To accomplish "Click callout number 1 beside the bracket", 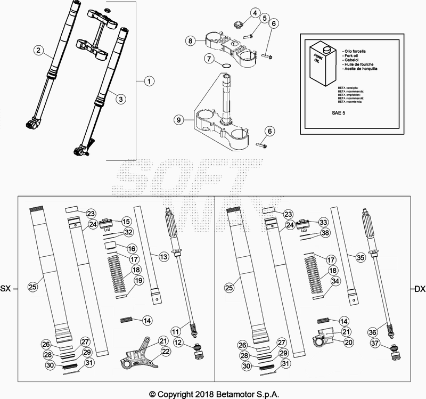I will point(149,82).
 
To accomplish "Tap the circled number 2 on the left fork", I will point(38,51).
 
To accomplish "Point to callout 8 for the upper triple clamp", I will point(191,40).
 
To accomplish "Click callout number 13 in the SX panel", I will point(163,257).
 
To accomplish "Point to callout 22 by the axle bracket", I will point(166,351).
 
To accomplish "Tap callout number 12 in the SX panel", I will point(177,341).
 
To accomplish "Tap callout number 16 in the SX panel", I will point(132,248).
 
